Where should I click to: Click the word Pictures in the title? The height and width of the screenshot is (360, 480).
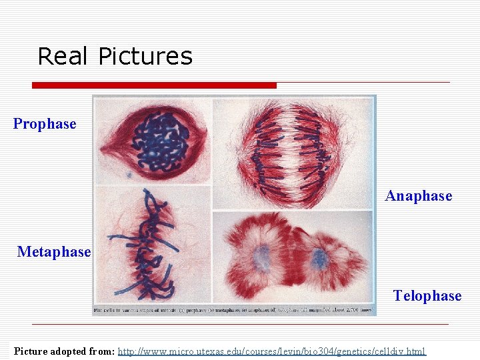(145, 57)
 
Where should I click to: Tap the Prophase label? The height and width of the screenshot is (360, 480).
(45, 124)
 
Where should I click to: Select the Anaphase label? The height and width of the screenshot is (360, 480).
(418, 196)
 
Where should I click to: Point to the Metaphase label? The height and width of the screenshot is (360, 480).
(53, 252)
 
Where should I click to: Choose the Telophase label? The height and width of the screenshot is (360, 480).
(427, 296)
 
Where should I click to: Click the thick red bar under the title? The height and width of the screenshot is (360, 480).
(154, 85)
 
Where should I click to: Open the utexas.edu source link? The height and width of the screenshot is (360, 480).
(271, 351)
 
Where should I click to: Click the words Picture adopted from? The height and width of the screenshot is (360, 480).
(65, 351)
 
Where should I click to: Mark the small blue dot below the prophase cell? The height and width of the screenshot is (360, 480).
(129, 175)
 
